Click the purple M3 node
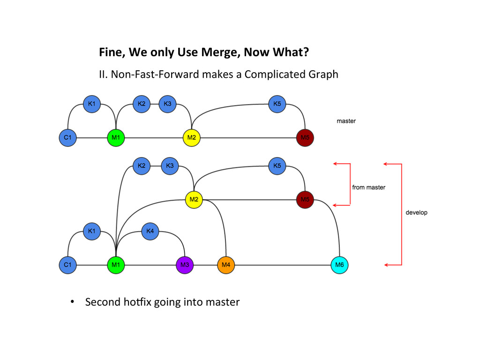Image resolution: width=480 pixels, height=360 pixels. pyautogui.click(x=185, y=265)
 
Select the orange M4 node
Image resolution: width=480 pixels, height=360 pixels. pyautogui.click(x=226, y=265)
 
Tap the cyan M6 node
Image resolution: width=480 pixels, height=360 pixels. pyautogui.click(x=339, y=265)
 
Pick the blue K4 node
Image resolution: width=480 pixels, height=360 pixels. pyautogui.click(x=150, y=231)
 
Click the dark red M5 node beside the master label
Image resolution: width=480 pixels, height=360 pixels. pyautogui.click(x=305, y=138)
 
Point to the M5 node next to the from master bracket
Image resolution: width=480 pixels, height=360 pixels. pyautogui.click(x=305, y=200)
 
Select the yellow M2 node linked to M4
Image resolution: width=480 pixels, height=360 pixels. pyautogui.click(x=194, y=200)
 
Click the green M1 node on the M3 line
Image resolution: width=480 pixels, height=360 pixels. pyautogui.click(x=115, y=265)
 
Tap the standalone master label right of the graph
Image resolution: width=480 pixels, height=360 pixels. pyautogui.click(x=346, y=121)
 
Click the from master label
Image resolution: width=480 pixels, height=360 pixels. pyautogui.click(x=368, y=187)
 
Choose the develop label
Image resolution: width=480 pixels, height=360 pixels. pyautogui.click(x=416, y=212)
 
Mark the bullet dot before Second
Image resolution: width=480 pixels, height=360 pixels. pyautogui.click(x=72, y=302)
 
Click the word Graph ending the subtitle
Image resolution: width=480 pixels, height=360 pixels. pyautogui.click(x=323, y=75)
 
